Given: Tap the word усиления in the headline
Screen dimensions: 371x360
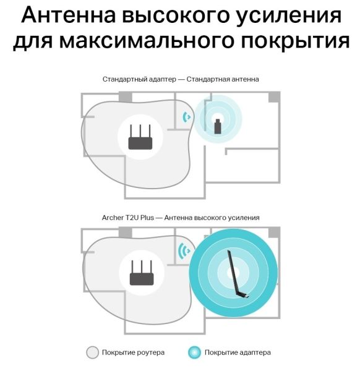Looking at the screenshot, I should pyautogui.click(x=289, y=15).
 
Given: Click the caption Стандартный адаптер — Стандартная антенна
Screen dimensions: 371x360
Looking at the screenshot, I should pyautogui.click(x=180, y=80).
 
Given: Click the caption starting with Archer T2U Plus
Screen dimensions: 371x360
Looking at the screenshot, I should pyautogui.click(x=180, y=218).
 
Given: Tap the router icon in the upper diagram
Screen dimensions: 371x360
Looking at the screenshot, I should pyautogui.click(x=140, y=137).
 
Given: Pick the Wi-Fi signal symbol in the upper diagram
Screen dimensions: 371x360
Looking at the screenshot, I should pyautogui.click(x=186, y=117).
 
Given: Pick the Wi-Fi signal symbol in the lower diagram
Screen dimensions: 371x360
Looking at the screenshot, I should pyautogui.click(x=184, y=251).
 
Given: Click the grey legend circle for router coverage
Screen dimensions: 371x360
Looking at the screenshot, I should pyautogui.click(x=92, y=352).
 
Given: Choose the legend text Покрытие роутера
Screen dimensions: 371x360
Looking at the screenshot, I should pyautogui.click(x=133, y=352).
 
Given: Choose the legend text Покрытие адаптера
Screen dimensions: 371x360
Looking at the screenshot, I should pyautogui.click(x=238, y=352).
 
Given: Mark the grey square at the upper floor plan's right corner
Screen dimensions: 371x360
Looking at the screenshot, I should pyautogui.click(x=274, y=97).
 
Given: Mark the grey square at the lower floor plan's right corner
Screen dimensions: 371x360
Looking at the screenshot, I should pyautogui.click(x=274, y=232).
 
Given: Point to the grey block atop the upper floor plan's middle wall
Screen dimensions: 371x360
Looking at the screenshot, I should pyautogui.click(x=126, y=96).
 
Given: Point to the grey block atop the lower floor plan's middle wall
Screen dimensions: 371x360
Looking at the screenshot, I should pyautogui.click(x=126, y=232).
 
